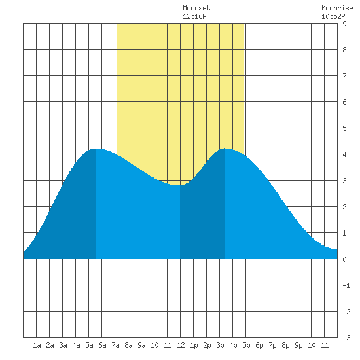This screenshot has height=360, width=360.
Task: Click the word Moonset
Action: pos(196,8)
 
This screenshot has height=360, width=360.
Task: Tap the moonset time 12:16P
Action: pos(194,16)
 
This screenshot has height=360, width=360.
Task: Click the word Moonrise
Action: pos(337,8)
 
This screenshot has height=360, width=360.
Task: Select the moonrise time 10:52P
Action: pos(333,16)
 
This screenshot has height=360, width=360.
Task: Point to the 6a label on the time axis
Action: pos(102,345)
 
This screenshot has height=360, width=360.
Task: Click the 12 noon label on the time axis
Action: pos(181,345)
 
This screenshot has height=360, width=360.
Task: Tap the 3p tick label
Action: pos(220,345)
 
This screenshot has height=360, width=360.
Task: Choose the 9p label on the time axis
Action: pos(298,345)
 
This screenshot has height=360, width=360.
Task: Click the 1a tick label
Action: pos(37,345)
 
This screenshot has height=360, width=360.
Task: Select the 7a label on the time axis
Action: pos(115,345)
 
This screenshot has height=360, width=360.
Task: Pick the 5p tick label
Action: pos(246,345)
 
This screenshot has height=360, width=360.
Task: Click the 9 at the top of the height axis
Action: pos(344,24)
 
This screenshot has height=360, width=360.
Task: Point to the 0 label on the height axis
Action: pos(344,259)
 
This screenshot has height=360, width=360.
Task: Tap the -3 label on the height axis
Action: pos(346,338)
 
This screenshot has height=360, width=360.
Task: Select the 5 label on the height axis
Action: pos(344,128)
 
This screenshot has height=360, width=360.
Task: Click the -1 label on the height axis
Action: pos(346,285)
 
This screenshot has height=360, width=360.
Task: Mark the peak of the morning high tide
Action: pos(96,149)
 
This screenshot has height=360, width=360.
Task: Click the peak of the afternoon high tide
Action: pos(225,149)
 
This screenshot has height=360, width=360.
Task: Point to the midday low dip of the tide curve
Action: pos(180,185)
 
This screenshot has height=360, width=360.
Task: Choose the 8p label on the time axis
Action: pos(285,345)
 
